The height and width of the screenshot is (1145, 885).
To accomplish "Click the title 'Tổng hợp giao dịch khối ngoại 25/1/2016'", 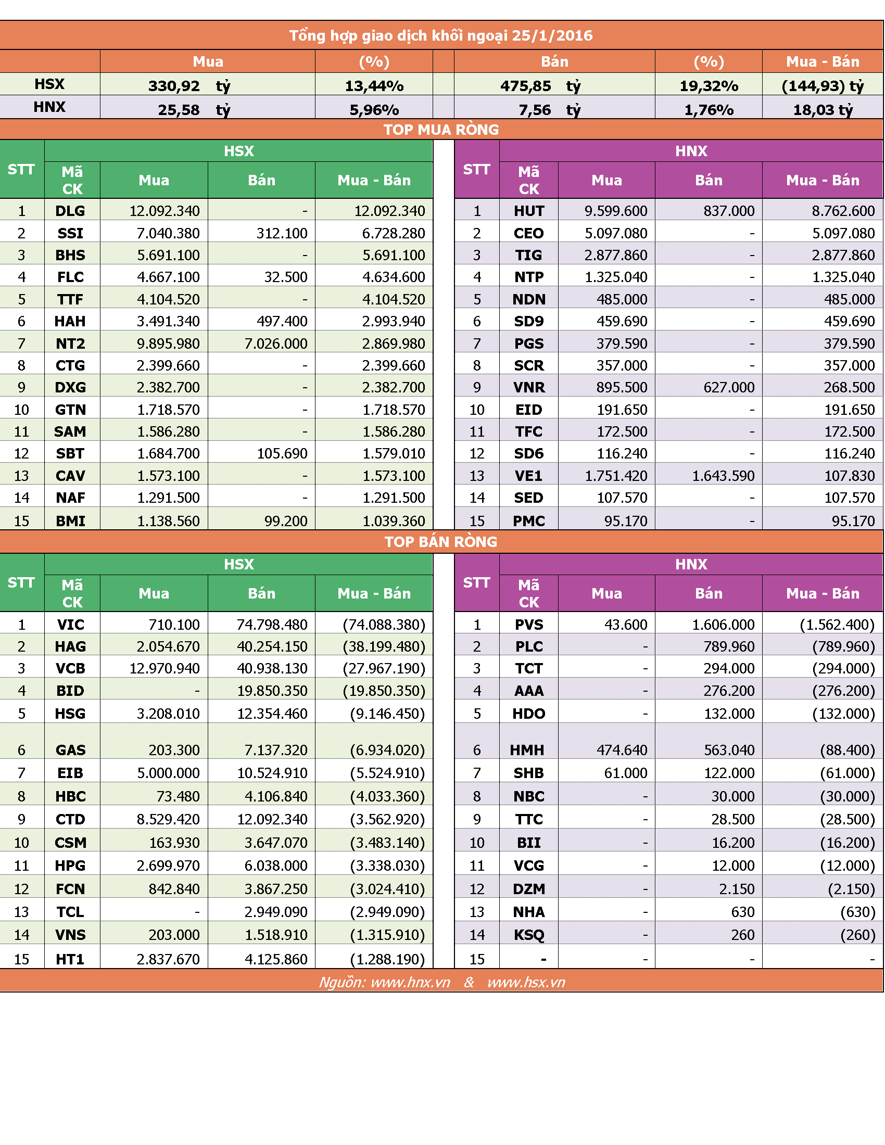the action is point(441,35).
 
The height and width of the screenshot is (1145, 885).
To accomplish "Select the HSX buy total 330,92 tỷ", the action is point(189,85).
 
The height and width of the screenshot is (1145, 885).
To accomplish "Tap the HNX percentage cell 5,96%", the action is point(374,110).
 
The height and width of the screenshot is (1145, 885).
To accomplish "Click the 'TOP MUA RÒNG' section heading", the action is point(441,130).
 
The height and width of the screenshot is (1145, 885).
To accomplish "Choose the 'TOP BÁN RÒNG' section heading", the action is point(441,542).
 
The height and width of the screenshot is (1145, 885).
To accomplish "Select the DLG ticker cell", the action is point(70,211).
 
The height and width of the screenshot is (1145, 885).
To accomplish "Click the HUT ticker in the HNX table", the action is point(529,211).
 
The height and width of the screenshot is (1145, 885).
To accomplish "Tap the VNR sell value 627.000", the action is point(729,387).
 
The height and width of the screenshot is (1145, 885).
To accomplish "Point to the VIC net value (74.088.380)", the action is point(384,625).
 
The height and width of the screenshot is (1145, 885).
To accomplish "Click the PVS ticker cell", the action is point(529,625).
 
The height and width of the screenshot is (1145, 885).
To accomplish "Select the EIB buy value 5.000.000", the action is point(168,773).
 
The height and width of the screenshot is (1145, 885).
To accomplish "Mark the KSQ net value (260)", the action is point(858,935).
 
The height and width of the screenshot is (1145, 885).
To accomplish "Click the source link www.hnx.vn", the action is point(411,982).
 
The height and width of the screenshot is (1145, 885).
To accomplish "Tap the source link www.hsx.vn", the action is point(526,982).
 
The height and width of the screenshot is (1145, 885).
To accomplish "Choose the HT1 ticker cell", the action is point(70,959).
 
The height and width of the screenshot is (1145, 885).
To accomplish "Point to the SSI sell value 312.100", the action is point(282,233).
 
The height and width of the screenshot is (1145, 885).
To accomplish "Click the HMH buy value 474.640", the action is point(622,750).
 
